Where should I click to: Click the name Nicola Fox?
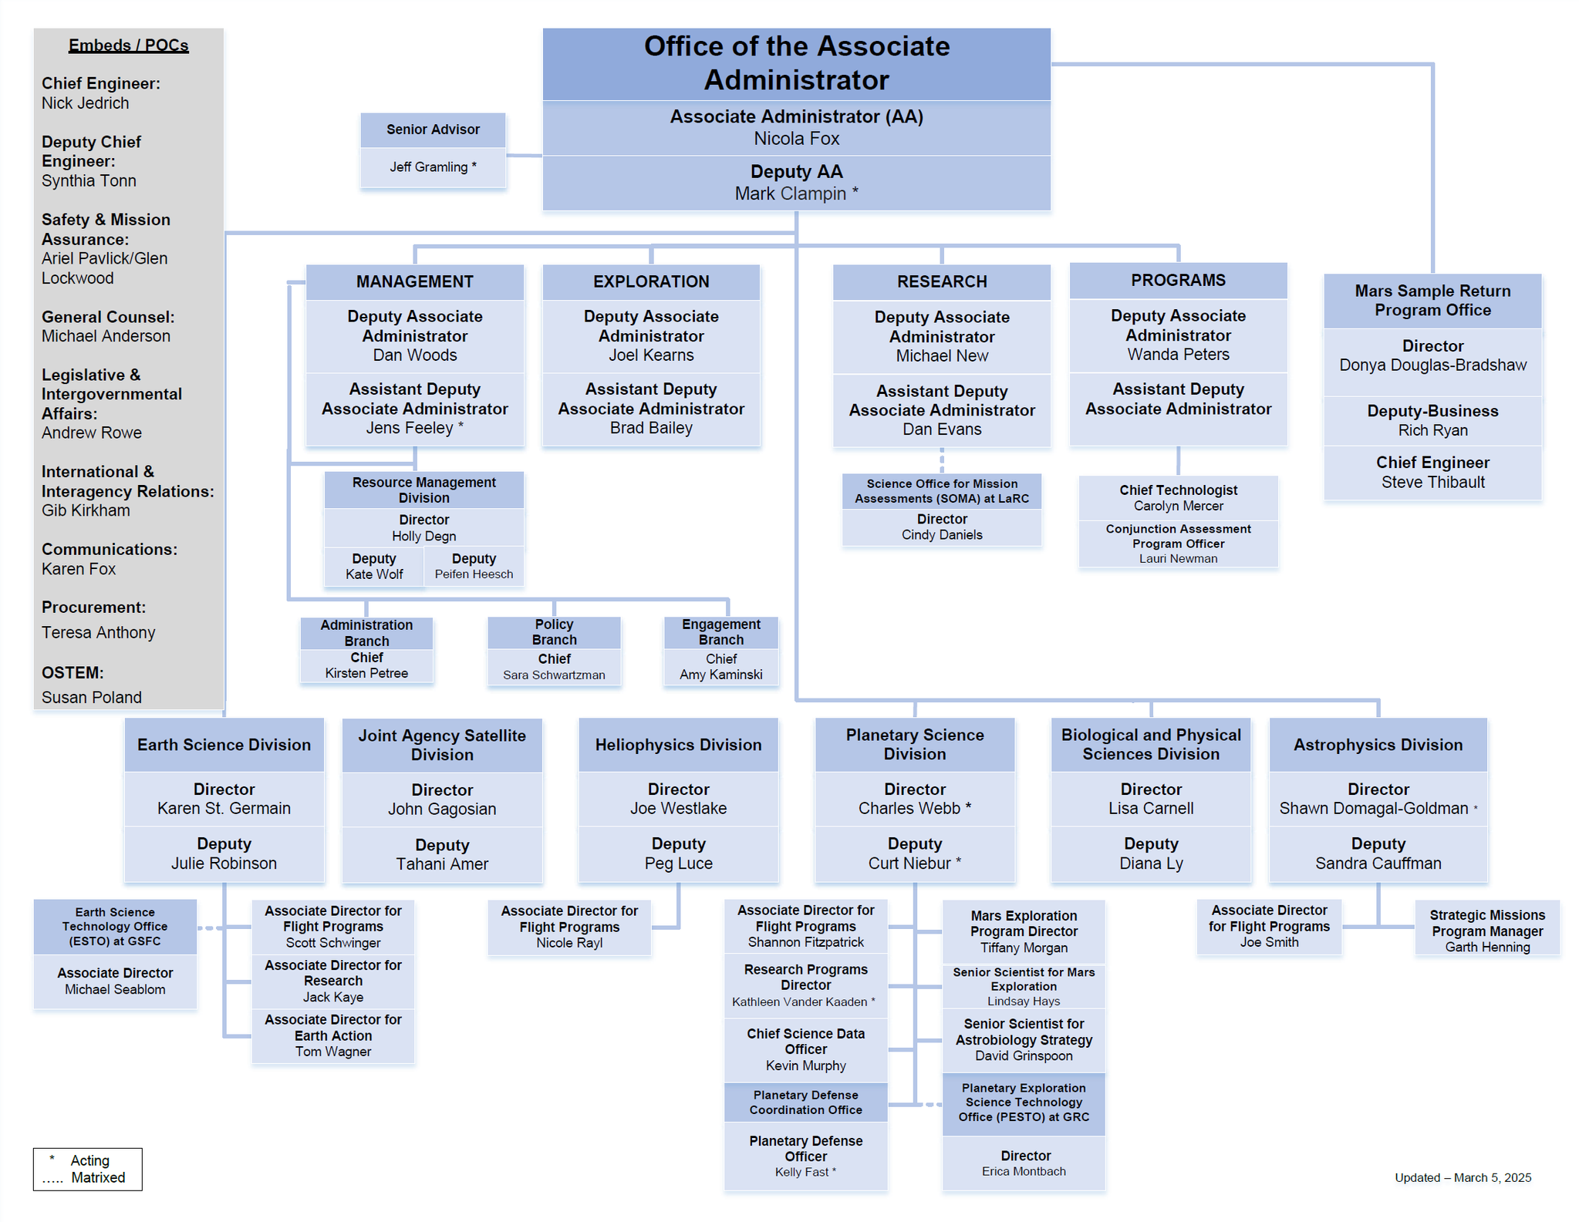(796, 139)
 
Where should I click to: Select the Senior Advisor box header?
(433, 130)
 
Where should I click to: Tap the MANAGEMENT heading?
(414, 281)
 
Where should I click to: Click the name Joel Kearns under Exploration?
(651, 355)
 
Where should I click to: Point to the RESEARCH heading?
(941, 281)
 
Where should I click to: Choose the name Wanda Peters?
(1178, 355)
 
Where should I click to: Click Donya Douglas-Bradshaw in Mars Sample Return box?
(1432, 365)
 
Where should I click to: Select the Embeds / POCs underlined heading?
(128, 45)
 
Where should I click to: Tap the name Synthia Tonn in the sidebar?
(89, 181)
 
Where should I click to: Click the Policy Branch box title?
(554, 632)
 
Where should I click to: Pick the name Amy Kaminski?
(720, 675)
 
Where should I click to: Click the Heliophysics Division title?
(678, 745)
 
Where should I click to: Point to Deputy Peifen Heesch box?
(474, 567)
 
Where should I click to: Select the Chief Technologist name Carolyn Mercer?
(1178, 507)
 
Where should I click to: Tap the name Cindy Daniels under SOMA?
(941, 535)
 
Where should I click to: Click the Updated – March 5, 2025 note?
(1463, 1177)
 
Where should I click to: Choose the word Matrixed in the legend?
(98, 1177)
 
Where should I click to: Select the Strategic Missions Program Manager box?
(1486, 931)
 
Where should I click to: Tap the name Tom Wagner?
(332, 1052)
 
